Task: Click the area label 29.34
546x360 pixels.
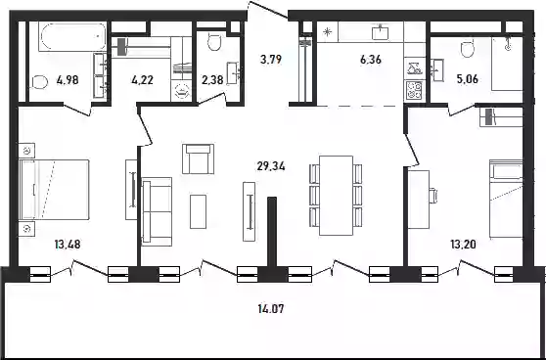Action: pos(271,166)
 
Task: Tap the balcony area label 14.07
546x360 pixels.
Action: pos(271,308)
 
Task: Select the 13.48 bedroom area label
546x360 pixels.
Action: pos(68,245)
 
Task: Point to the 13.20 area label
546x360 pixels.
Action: pos(463,245)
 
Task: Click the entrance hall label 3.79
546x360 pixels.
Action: pos(271,60)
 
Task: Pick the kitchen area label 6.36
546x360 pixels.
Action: pos(371,60)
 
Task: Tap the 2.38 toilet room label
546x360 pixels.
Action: pos(212,80)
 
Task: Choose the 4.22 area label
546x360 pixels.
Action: pos(143,80)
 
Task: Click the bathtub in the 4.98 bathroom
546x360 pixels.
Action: pos(73,37)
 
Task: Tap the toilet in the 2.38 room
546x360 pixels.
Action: pos(214,41)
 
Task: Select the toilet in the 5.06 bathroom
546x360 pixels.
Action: pos(468,49)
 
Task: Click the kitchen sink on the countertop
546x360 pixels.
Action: pos(381,32)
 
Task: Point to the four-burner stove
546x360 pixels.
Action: pos(414,90)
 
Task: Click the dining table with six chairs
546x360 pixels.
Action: pos(336,196)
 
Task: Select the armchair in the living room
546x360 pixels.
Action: pos(198,158)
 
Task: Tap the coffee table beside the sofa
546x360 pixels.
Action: pos(198,211)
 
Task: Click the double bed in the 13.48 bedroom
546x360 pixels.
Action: pos(55,190)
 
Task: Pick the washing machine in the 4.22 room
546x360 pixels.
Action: pos(181,92)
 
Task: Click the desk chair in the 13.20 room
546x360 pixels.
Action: pos(432,196)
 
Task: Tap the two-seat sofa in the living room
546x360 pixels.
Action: pos(157,211)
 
